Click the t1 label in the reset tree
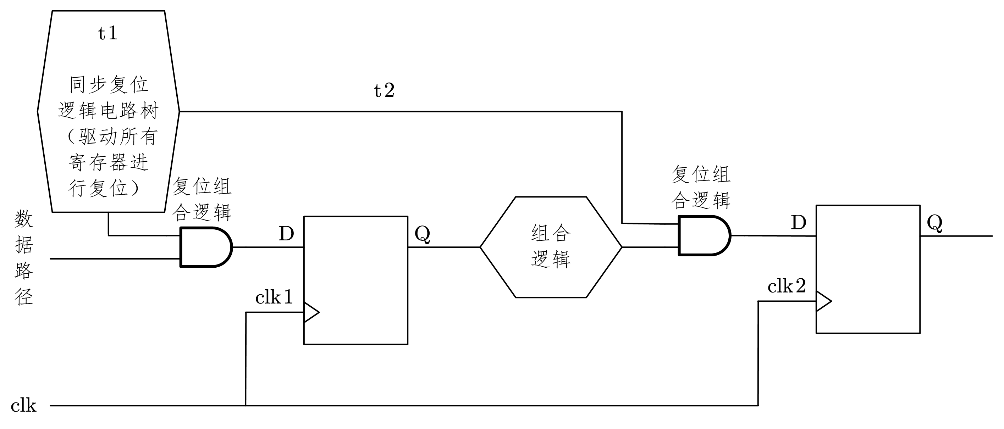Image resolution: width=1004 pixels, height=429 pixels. click(107, 34)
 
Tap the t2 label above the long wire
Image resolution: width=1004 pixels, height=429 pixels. click(384, 91)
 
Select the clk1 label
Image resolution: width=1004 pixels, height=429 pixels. click(274, 298)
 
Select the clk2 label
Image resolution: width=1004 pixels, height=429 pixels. click(787, 287)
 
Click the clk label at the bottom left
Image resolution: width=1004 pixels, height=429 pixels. click(23, 406)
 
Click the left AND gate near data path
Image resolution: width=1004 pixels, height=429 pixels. click(205, 247)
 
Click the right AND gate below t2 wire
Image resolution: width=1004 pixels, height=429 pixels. click(704, 235)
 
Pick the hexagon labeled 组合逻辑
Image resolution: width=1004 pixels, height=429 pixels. click(551, 247)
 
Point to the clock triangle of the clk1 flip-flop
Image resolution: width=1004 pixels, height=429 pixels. click(311, 312)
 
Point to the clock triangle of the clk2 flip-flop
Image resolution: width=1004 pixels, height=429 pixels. click(823, 301)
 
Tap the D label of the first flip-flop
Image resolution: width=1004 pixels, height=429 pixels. click(286, 234)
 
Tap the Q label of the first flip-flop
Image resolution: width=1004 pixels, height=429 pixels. click(423, 234)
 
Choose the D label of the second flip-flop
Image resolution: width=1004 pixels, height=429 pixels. click(799, 223)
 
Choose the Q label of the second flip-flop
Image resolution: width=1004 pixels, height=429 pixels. click(934, 223)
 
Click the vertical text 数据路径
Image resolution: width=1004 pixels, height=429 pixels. click(24, 257)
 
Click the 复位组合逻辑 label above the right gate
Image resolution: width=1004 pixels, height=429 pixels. click(701, 188)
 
